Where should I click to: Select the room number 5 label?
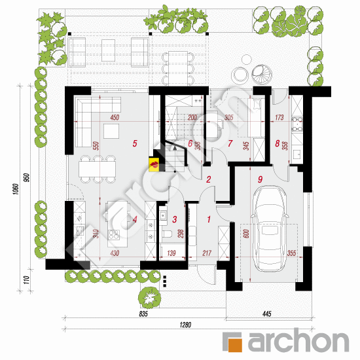tap(134, 142)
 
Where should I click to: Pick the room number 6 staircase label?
tap(190, 143)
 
